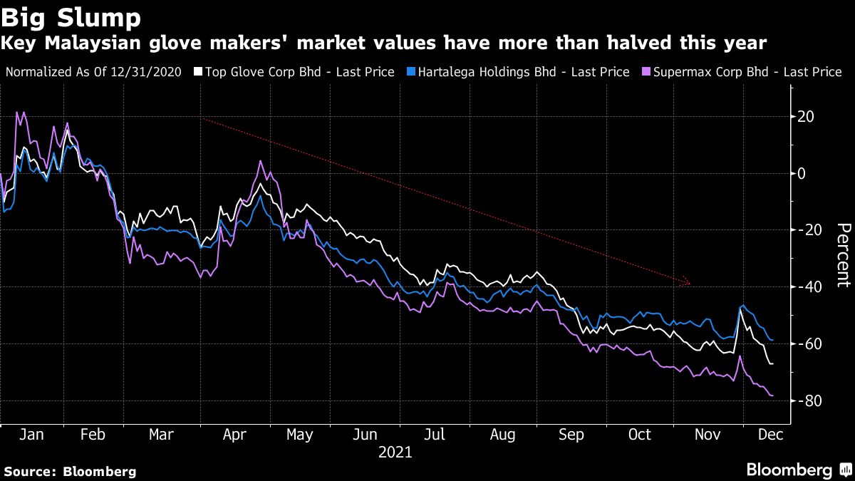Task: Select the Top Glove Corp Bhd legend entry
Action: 299,72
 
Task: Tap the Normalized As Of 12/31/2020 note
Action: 93,72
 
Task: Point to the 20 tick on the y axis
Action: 807,116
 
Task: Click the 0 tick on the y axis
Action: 802,173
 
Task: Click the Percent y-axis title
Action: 843,255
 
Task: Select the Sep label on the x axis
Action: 571,435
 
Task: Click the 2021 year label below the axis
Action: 395,452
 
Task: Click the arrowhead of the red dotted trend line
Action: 688,283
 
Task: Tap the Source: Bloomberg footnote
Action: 70,471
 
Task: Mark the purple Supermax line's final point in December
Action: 773,396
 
